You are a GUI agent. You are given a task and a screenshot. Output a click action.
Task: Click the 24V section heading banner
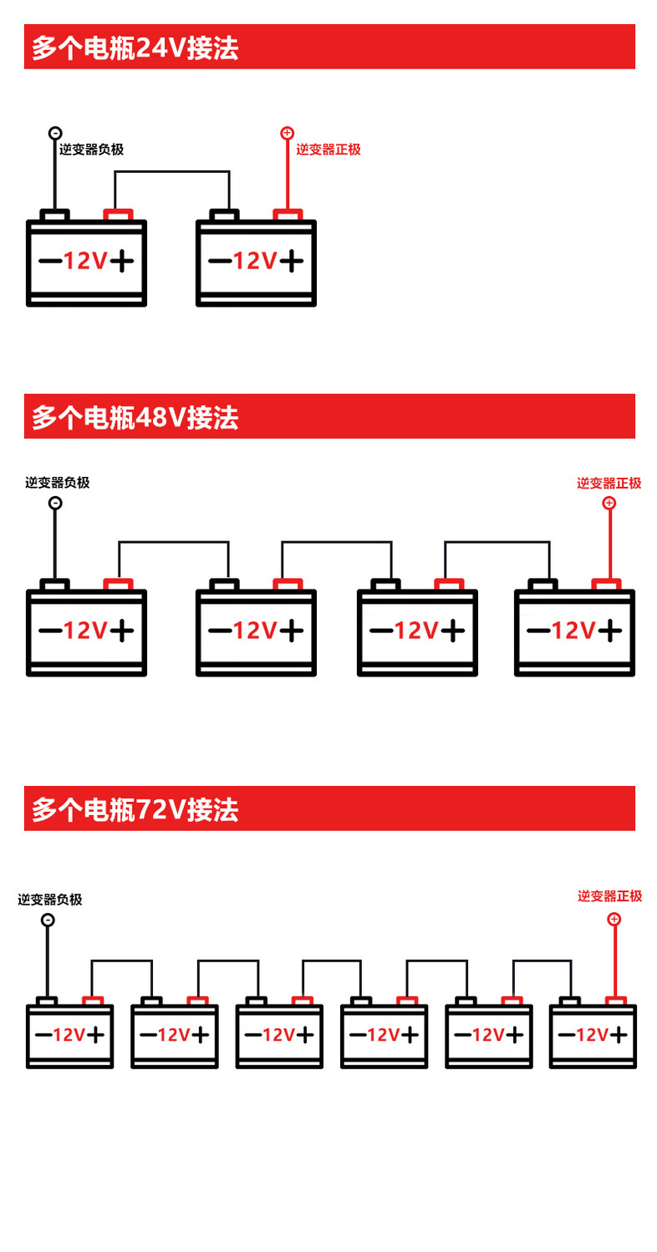pos(329,47)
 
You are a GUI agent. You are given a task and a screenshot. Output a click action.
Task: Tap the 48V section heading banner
pos(329,416)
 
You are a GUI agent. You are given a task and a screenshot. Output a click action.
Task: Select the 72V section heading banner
pos(329,808)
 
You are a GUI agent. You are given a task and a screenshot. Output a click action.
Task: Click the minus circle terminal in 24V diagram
pos(55,133)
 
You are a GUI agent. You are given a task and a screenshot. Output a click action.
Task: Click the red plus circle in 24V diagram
pos(287,133)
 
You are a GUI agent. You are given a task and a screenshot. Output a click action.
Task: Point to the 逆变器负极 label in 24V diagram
pos(91,150)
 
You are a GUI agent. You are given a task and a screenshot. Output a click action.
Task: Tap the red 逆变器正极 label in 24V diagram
pos(328,150)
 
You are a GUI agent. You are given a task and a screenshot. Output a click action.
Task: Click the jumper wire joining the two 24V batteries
pos(171,172)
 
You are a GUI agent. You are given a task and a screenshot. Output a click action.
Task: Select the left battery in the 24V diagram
pos(86,262)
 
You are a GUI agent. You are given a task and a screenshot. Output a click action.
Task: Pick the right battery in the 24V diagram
pos(256,262)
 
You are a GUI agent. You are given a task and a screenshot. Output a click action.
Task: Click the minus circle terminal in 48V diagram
pos(55,503)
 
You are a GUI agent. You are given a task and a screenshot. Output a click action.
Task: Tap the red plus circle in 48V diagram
pos(609,503)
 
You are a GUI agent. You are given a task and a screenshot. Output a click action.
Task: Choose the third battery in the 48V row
pos(417,631)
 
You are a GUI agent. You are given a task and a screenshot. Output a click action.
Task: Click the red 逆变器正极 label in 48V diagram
pos(609,483)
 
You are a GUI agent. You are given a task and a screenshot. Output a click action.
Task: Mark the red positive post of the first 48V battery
pos(118,584)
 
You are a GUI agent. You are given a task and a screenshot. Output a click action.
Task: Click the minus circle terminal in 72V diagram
pos(48,920)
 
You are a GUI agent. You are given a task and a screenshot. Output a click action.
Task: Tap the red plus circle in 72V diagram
pos(614,919)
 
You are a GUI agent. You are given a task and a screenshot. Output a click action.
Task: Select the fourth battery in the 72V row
pos(385,1036)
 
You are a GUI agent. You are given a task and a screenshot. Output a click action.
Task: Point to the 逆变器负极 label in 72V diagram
pos(50,900)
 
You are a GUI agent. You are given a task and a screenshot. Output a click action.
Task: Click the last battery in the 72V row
pos(593,1036)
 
